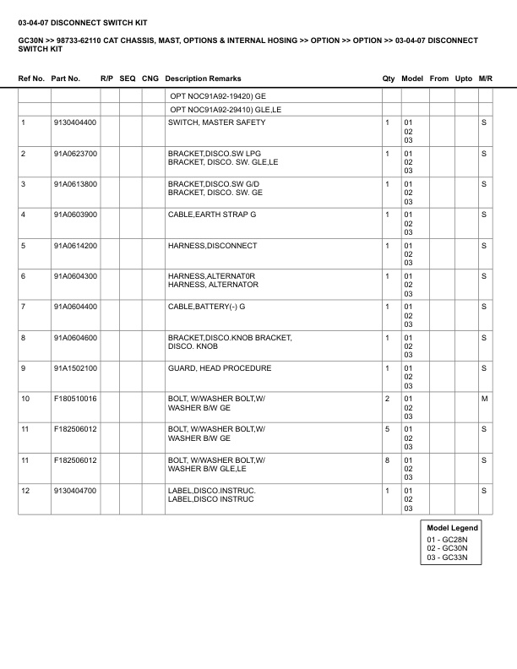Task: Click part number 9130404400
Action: tap(75, 123)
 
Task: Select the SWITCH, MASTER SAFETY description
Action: tap(216, 123)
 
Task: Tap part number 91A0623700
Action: tap(75, 154)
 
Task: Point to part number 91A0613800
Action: tap(75, 184)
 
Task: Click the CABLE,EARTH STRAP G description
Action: tap(212, 215)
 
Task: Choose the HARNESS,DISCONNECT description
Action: tap(212, 246)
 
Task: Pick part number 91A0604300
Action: tap(75, 276)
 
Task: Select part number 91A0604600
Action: tap(75, 338)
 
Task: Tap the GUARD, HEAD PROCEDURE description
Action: tap(220, 368)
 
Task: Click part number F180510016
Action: tap(75, 399)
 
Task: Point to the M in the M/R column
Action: tap(484, 399)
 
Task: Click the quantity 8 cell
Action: tap(387, 460)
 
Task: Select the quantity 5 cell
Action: tap(387, 430)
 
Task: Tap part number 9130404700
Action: tap(75, 491)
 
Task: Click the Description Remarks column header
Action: tap(203, 79)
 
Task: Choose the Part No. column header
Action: tap(66, 79)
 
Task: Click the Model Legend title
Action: tap(452, 528)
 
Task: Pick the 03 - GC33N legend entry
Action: tap(447, 559)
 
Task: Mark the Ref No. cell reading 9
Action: tap(24, 368)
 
